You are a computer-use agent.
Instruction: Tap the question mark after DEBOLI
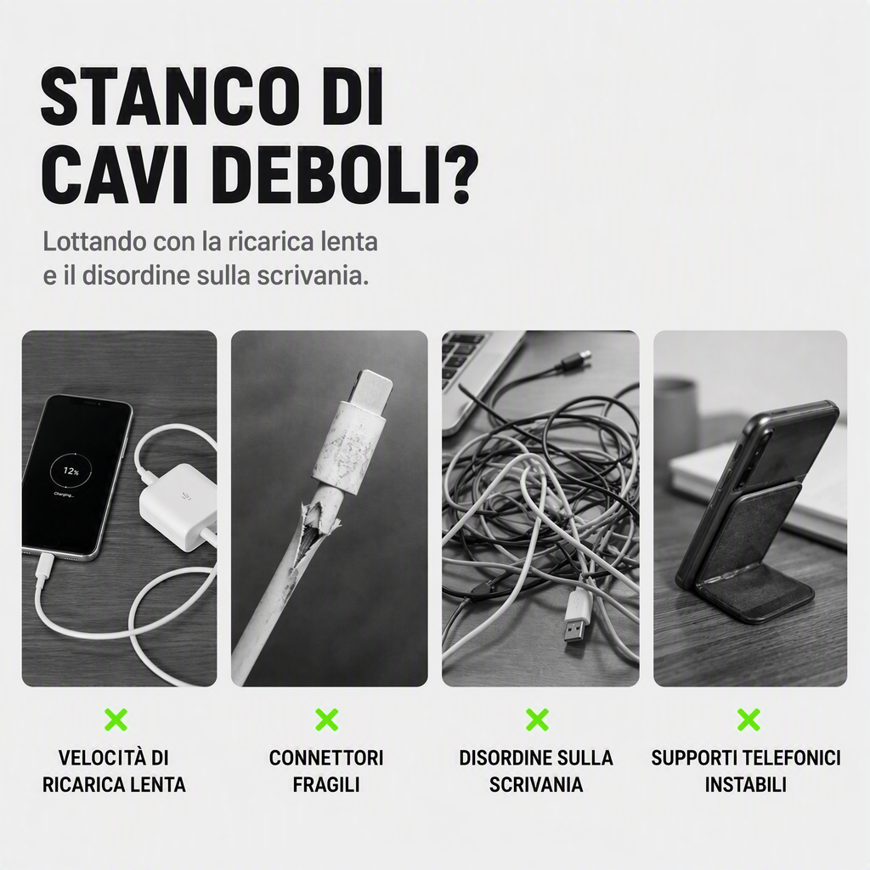pos(459,175)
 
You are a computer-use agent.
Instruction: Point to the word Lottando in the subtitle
pos(94,242)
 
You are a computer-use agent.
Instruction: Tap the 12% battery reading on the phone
pos(71,471)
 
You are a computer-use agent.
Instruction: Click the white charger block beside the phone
pos(177,507)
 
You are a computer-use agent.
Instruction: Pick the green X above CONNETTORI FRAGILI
pos(327,720)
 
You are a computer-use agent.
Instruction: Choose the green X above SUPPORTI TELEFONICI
pos(749,720)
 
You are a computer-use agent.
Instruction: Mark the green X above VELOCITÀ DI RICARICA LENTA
pos(116,720)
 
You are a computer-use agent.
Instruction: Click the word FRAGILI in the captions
pos(326,784)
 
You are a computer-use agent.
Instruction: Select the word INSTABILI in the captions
pos(746,784)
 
